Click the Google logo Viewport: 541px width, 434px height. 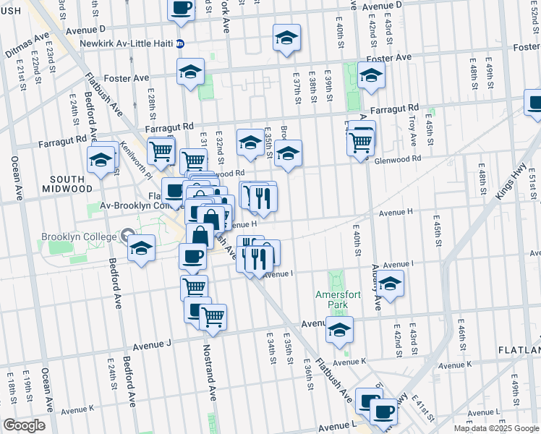point(24,425)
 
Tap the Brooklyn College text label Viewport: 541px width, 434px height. point(78,237)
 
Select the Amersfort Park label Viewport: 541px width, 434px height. point(332,299)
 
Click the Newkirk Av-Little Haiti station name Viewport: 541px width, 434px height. point(129,43)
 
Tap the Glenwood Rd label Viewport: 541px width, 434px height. point(397,159)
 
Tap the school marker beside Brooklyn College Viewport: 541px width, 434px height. point(142,248)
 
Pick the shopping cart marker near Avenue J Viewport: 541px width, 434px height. point(212,315)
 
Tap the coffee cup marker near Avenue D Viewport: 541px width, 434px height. point(181,8)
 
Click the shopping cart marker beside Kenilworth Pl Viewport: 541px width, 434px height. point(161,150)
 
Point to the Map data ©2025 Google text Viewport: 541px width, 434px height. point(495,428)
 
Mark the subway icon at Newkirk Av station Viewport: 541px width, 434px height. point(181,43)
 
